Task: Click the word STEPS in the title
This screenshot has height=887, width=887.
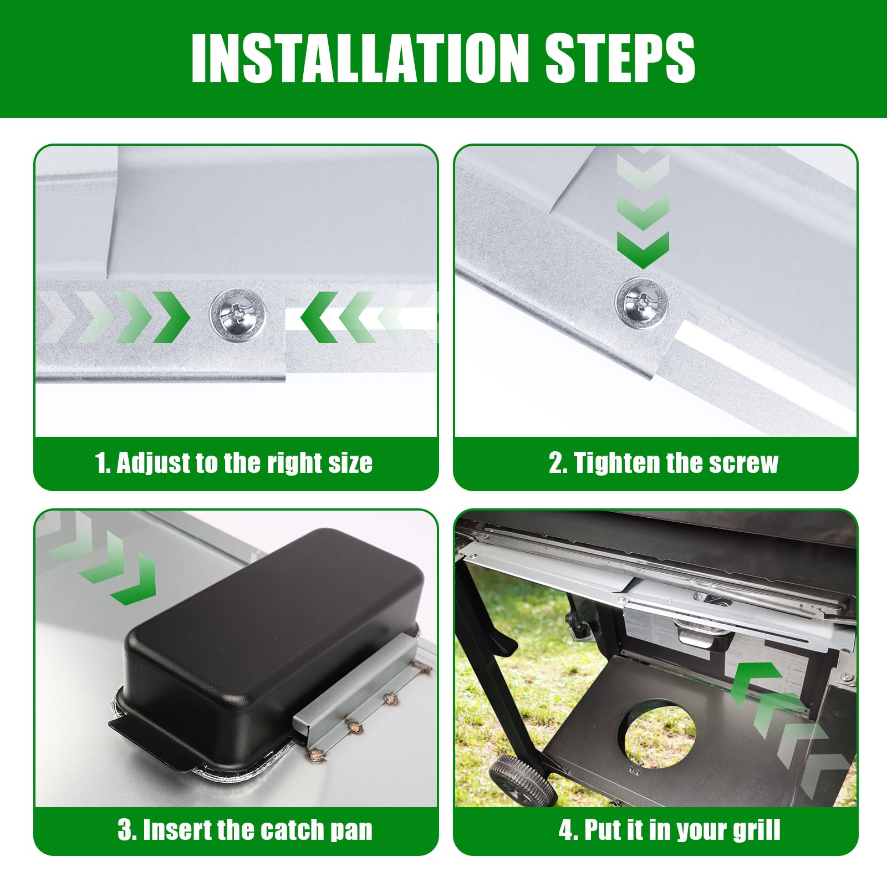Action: (620, 58)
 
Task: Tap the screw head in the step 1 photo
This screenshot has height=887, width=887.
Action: (238, 316)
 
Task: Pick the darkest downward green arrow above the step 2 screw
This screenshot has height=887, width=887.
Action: (643, 249)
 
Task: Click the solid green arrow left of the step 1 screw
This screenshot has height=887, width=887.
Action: (170, 317)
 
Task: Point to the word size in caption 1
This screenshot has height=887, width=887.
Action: (350, 463)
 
